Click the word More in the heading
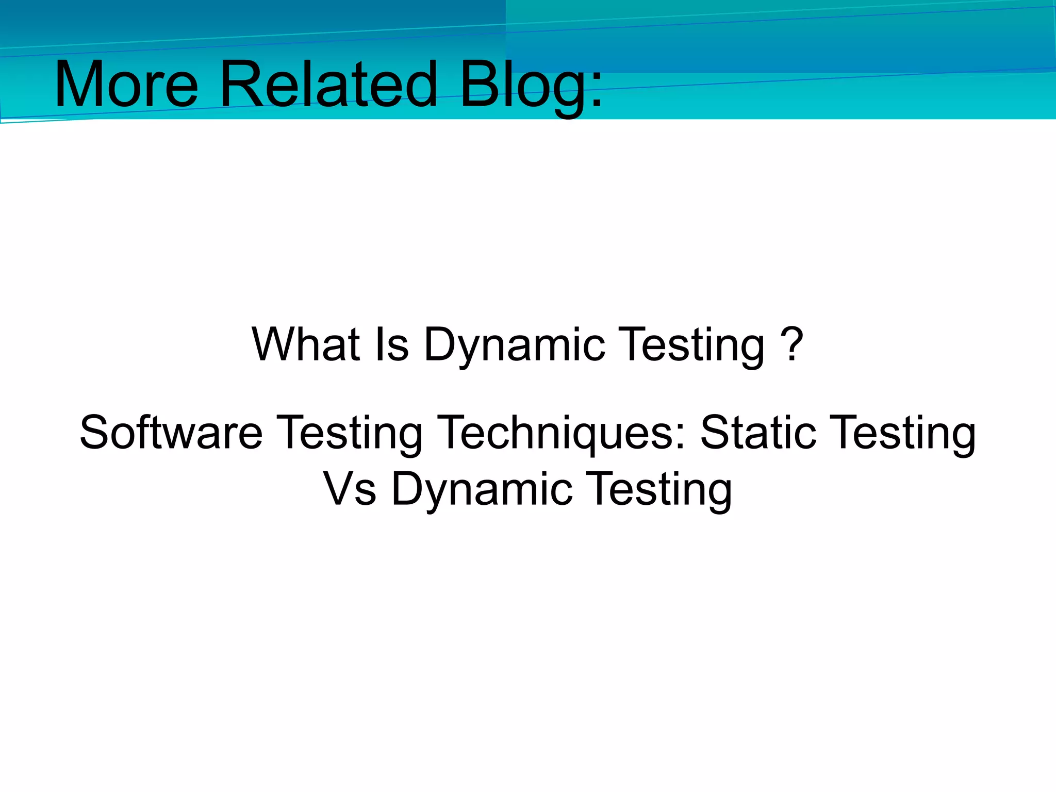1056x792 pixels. point(126,84)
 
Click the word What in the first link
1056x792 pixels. point(306,344)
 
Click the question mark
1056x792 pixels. point(791,344)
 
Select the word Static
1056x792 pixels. point(758,432)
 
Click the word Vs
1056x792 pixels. point(349,489)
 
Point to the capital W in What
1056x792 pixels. point(273,344)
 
